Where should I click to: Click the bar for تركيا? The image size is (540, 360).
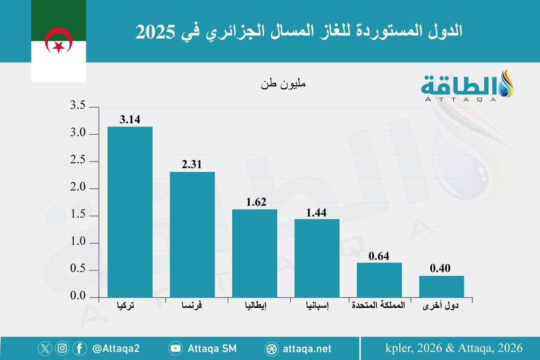coord(130,212)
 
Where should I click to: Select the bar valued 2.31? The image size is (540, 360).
coord(192,234)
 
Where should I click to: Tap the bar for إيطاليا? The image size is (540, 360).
coord(255,253)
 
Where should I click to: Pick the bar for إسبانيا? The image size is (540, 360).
coord(317,258)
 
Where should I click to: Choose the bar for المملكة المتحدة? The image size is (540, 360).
coord(379,280)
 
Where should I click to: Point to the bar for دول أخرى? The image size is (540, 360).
coord(441,287)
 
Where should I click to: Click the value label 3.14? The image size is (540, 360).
coord(130,120)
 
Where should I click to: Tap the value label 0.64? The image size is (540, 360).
coord(379,256)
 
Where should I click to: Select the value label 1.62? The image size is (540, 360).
coord(255,202)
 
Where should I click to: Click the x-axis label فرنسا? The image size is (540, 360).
coord(193,306)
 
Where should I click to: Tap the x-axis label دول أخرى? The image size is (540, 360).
coord(441,306)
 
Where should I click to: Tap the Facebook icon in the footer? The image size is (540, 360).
coord(79,348)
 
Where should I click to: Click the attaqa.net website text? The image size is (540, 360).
coord(308,348)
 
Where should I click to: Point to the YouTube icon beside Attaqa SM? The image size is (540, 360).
coord(175,348)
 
